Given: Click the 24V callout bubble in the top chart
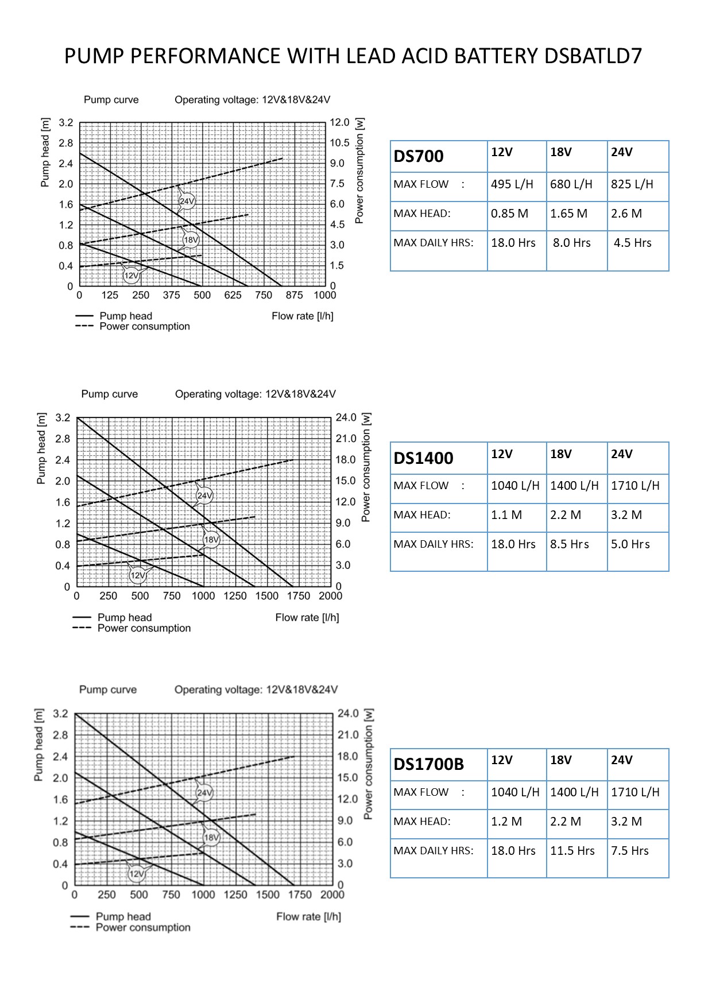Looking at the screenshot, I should [187, 202].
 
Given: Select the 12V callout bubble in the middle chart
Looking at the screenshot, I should [138, 575].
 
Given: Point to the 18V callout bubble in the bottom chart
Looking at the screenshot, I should [211, 838].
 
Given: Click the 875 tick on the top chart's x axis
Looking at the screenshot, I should [294, 295].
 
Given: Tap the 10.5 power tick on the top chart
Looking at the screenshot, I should [339, 143].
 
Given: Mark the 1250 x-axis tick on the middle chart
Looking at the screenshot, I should [235, 596].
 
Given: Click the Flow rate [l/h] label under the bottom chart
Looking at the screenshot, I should [308, 916].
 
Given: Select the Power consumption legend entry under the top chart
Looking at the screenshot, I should [144, 327].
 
